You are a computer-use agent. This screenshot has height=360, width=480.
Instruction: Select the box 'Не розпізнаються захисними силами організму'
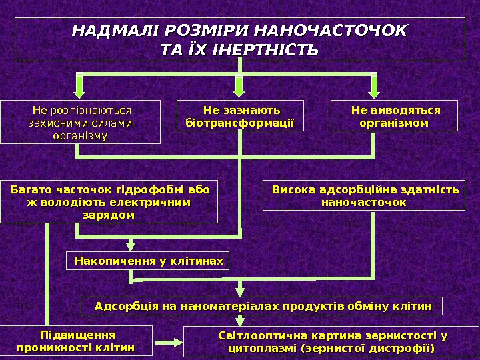(x=80, y=122)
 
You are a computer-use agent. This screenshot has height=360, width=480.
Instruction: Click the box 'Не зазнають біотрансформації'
(x=239, y=116)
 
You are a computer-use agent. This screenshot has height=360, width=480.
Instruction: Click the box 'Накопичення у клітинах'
(x=148, y=260)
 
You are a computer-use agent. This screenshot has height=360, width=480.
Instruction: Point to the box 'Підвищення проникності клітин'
(x=75, y=341)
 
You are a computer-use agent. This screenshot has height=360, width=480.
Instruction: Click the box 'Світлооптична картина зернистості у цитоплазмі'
(x=331, y=341)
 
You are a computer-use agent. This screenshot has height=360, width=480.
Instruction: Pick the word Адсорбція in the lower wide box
(x=121, y=306)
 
